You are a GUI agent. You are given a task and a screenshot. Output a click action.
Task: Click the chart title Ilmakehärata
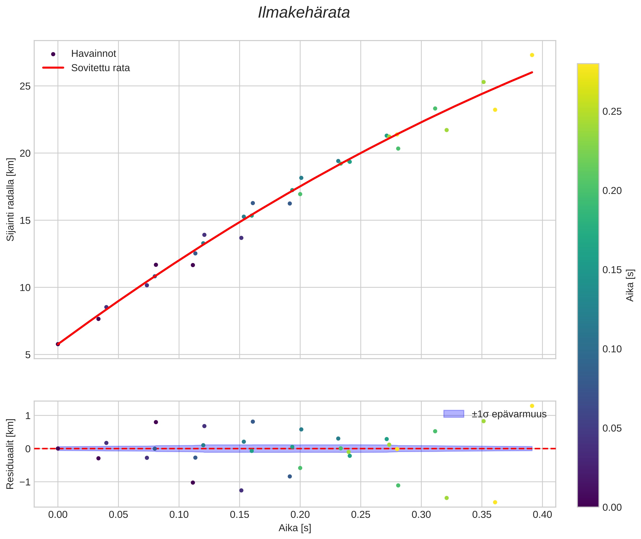click(x=304, y=13)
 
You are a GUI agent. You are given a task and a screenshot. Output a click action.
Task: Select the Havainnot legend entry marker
click(x=53, y=54)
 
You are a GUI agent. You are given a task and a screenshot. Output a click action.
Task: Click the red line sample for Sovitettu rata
click(x=53, y=68)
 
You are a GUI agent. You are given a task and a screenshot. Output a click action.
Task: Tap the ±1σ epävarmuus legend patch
click(x=453, y=414)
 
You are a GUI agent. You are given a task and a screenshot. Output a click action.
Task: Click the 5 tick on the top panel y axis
click(x=28, y=355)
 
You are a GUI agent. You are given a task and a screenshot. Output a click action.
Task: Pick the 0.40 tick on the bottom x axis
click(x=542, y=515)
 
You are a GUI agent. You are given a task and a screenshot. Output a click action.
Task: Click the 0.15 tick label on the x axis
click(x=239, y=515)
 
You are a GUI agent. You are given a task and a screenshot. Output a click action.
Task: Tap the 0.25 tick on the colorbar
click(x=612, y=112)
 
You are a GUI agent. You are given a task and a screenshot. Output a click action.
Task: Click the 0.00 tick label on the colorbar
click(x=612, y=508)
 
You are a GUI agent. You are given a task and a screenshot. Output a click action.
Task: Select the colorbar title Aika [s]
click(x=630, y=285)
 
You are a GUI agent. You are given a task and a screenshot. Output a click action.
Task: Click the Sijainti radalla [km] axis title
click(x=11, y=199)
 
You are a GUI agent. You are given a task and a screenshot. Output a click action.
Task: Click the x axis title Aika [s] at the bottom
click(x=295, y=528)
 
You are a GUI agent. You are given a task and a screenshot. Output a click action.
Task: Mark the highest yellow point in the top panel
click(x=532, y=55)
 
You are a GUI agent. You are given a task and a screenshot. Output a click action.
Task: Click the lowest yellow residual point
click(x=495, y=502)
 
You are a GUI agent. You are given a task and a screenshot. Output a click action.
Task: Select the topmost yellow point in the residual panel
click(x=532, y=406)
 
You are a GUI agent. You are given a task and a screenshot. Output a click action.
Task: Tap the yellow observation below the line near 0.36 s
click(x=495, y=110)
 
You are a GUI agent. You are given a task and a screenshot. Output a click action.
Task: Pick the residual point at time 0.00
click(x=58, y=449)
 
